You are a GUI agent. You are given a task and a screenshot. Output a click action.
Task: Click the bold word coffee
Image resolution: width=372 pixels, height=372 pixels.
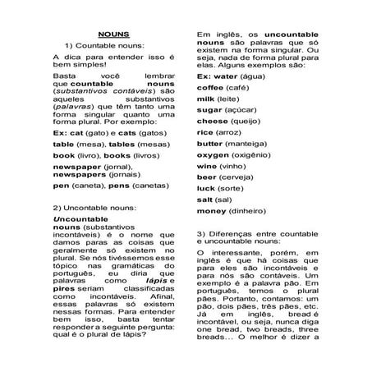210,87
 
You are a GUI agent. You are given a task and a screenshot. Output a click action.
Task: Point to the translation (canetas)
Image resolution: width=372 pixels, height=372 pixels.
147,186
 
